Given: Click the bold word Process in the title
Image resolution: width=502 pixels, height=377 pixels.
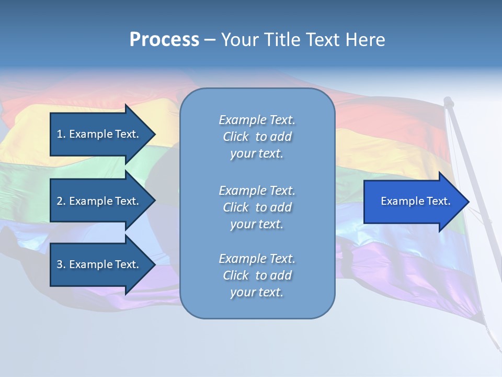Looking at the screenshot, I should click(x=164, y=40).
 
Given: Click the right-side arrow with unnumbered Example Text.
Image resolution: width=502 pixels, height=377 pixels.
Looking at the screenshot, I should click(x=415, y=202).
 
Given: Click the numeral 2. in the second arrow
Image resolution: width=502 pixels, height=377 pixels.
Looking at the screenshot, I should click(x=61, y=201).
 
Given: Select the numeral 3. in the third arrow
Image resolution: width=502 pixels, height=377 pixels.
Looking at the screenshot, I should click(x=61, y=264).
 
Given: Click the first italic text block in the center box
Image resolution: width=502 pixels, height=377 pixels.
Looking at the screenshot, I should click(x=257, y=137).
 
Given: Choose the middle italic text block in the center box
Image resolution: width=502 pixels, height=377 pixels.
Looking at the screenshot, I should click(x=257, y=207).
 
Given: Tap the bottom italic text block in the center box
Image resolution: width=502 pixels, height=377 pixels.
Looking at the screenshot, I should click(x=257, y=275).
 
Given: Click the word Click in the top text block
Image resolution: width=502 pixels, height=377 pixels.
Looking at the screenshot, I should click(x=235, y=137).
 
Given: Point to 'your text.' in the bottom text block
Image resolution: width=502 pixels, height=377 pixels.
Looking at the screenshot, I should click(x=257, y=292).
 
